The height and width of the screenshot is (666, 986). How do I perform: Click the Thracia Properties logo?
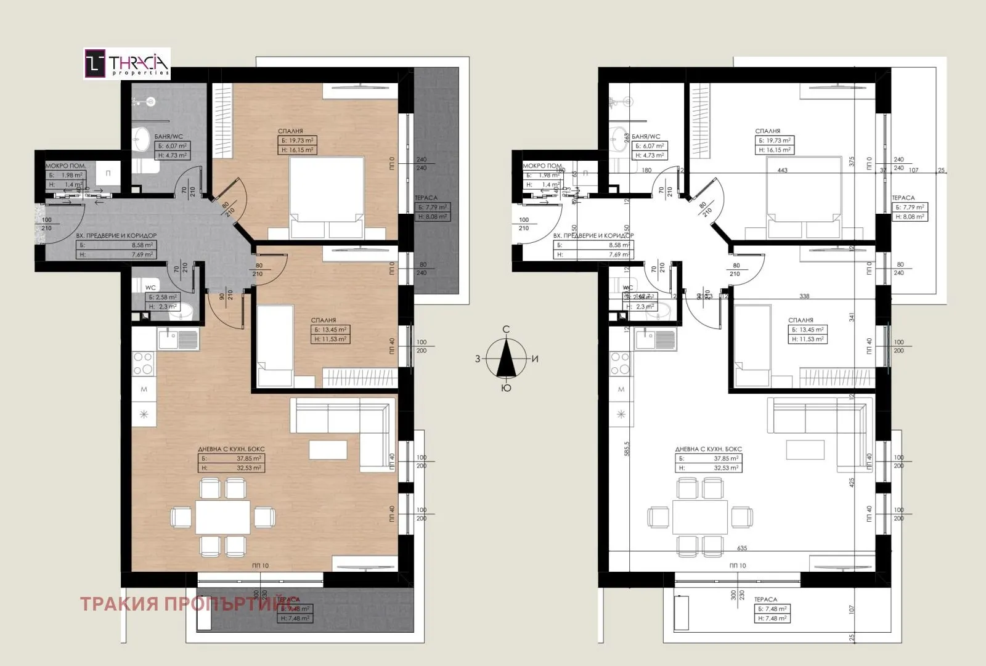pos(127,64)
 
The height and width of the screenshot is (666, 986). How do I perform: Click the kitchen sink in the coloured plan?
pos(178,339)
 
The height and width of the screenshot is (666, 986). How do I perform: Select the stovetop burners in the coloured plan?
pos(144,363)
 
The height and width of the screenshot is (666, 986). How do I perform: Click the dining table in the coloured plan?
pos(222,516)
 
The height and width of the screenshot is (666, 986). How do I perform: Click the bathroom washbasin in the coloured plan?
pos(142,137)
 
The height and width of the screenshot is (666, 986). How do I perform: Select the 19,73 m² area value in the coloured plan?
pos(302,140)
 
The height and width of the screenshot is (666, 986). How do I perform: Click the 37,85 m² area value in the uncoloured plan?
pos(727,458)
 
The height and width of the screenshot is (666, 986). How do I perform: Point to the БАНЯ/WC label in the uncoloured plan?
pos(646,137)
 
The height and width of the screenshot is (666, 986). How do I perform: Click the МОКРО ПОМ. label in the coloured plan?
pos(66,166)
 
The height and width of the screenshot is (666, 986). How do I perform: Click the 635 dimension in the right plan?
pos(741,548)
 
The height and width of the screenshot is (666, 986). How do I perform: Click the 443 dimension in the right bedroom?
pos(783,171)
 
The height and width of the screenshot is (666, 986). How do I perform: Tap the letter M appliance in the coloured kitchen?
pos(144,389)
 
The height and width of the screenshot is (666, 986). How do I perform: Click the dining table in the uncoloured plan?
pos(700,516)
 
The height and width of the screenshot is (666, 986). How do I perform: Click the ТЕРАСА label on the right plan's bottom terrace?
pos(765,599)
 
